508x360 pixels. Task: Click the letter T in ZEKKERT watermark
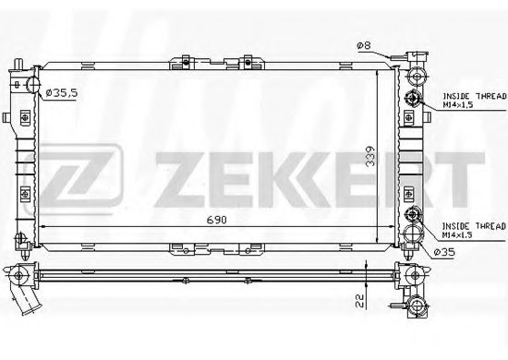tap(462, 170)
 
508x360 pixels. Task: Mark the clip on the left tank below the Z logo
tap(22, 197)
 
